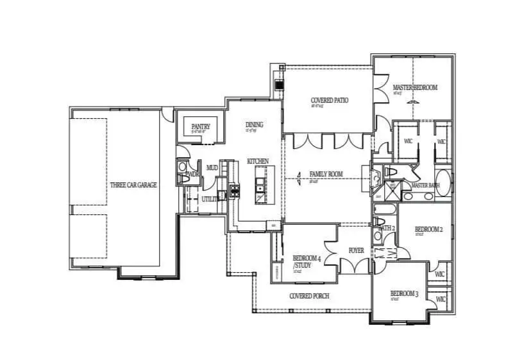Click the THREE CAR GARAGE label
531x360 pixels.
click(x=133, y=185)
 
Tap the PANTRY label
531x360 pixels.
click(x=200, y=127)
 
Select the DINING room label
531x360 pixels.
click(x=255, y=124)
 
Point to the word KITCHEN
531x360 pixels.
click(x=258, y=161)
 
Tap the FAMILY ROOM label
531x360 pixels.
click(x=326, y=174)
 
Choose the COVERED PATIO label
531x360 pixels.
click(x=329, y=101)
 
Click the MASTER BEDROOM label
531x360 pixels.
click(x=415, y=87)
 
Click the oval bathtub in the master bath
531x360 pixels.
click(x=443, y=182)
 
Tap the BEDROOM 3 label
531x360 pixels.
click(x=405, y=295)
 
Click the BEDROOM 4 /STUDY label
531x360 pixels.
click(x=307, y=261)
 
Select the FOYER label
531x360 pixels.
click(x=356, y=251)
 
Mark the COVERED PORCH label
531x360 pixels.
click(x=310, y=296)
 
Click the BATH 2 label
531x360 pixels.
click(x=386, y=228)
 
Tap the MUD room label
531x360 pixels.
click(x=212, y=167)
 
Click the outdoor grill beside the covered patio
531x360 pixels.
click(x=278, y=83)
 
